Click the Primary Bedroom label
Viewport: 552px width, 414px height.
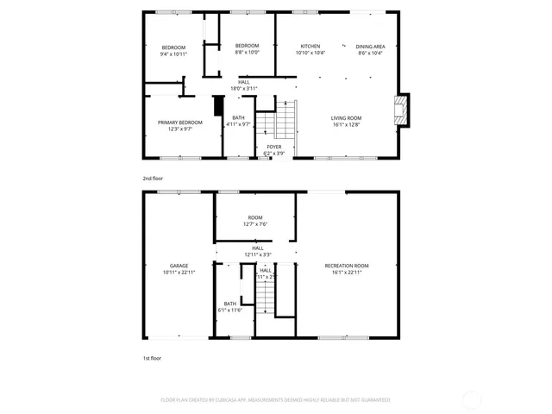click(179, 122)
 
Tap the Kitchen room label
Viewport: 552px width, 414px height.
click(310, 46)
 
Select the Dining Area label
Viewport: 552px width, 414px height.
click(370, 46)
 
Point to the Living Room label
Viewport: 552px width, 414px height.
click(347, 118)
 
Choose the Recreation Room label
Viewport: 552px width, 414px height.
click(347, 266)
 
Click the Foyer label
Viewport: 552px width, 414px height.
click(273, 147)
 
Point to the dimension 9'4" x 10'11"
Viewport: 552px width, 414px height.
click(173, 53)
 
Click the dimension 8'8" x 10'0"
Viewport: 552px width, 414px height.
click(248, 53)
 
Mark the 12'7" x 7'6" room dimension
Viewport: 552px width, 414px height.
click(255, 224)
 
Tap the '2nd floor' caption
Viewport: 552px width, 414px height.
click(153, 179)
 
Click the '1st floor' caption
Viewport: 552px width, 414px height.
click(152, 357)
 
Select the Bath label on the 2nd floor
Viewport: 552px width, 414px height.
click(238, 117)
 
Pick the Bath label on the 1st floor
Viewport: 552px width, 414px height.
click(230, 304)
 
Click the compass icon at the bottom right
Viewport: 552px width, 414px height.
click(472, 399)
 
